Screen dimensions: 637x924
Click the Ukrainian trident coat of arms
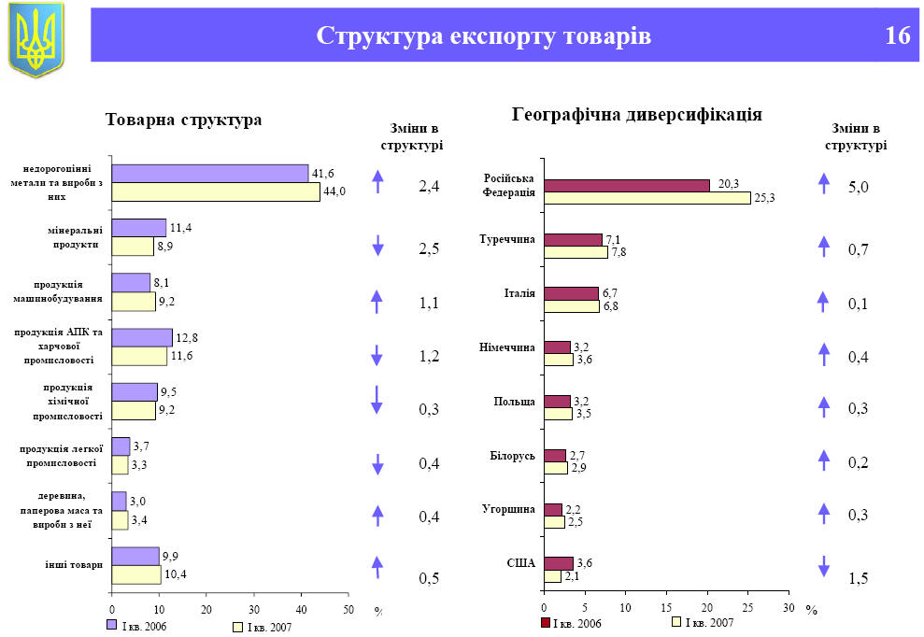36,39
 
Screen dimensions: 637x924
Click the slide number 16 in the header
897,36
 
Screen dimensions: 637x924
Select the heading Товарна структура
184,120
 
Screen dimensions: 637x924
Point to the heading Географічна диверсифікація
637,115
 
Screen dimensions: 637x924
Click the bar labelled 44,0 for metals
216,191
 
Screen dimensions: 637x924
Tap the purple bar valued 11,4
139,228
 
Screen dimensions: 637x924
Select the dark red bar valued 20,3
627,185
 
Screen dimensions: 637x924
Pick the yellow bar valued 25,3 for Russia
647,198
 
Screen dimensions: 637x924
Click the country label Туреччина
508,240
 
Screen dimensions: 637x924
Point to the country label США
520,563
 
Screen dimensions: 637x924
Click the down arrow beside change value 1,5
824,565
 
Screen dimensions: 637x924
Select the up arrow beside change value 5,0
824,183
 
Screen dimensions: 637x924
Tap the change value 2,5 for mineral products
429,249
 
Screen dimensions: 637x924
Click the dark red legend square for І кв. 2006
546,623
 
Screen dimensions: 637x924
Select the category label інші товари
73,564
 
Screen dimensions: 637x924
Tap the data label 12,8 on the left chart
186,337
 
